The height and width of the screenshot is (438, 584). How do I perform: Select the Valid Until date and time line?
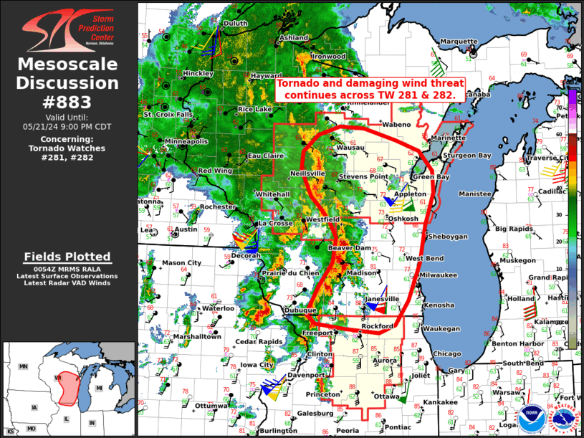pos(69,125)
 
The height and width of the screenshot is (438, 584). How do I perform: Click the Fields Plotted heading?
pos(67,257)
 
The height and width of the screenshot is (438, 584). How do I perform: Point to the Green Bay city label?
pos(433,176)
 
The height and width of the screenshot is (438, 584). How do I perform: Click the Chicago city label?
pos(447,353)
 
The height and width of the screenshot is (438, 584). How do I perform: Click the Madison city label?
pos(360,272)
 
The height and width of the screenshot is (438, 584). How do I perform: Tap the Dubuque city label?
pos(300,310)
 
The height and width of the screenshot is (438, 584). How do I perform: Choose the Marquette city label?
pos(458,41)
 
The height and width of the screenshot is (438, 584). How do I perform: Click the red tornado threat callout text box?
pos(370,89)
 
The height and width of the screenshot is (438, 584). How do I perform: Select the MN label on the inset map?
pos(23,366)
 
